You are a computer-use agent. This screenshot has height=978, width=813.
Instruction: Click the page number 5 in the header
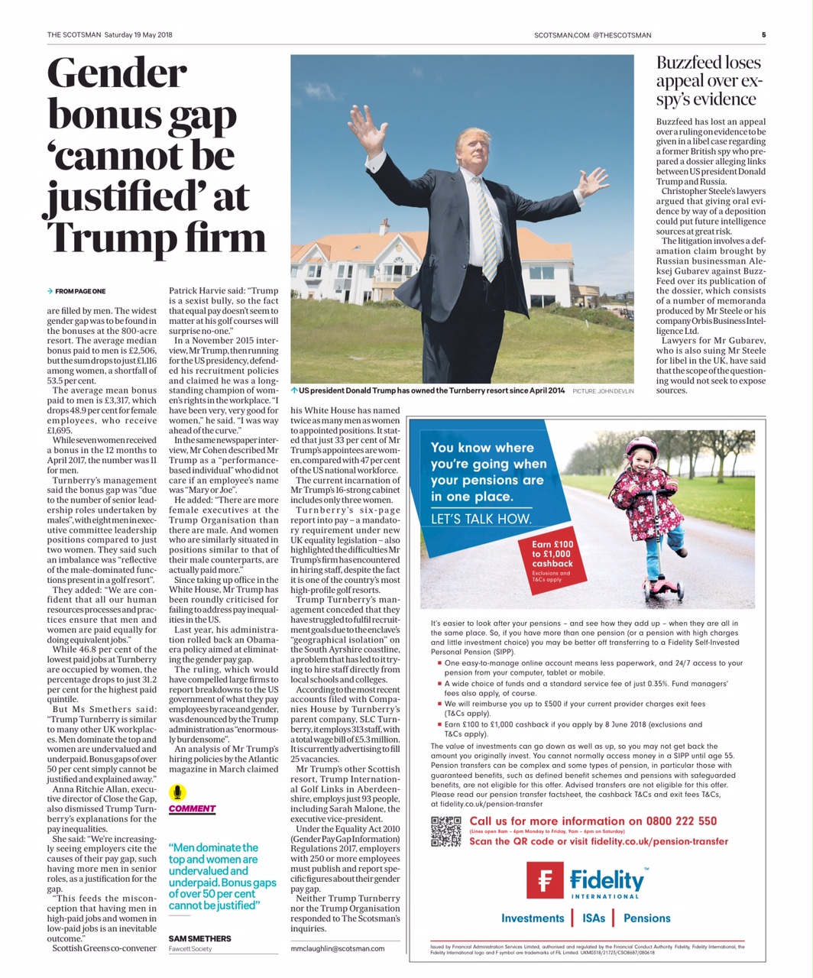pyautogui.click(x=763, y=34)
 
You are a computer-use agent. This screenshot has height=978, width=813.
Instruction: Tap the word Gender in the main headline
pyautogui.click(x=118, y=74)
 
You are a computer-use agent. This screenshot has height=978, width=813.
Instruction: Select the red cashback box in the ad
pyautogui.click(x=553, y=559)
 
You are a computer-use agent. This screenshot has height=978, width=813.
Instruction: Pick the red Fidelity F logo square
pyautogui.click(x=545, y=880)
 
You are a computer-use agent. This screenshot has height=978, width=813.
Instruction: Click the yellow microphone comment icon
pyautogui.click(x=177, y=792)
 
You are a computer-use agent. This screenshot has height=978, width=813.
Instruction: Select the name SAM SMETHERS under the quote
pyautogui.click(x=199, y=938)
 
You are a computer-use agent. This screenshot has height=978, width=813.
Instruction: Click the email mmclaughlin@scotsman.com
pyautogui.click(x=338, y=948)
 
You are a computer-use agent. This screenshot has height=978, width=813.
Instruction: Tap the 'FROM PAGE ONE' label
pyautogui.click(x=79, y=291)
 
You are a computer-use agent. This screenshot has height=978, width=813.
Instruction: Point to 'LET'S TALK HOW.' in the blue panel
pyautogui.click(x=481, y=520)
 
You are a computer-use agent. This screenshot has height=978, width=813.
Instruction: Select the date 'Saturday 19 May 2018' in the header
pyautogui.click(x=138, y=34)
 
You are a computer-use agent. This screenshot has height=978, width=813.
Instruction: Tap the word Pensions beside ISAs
pyautogui.click(x=646, y=918)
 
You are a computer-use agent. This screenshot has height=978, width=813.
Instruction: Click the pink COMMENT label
pyautogui.click(x=192, y=809)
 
